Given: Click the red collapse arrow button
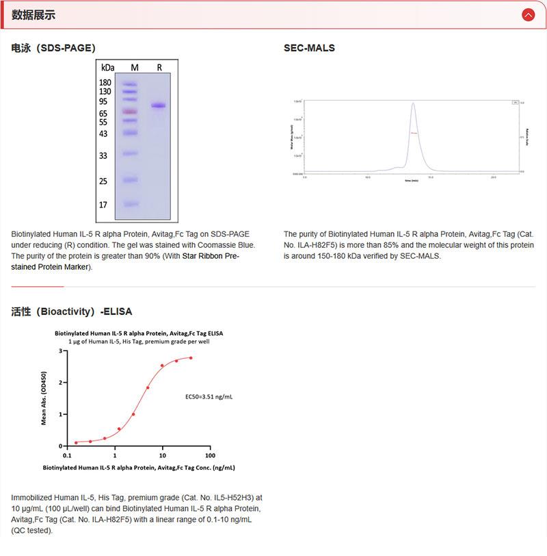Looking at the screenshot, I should (x=528, y=14).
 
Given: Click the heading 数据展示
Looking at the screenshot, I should (x=34, y=15).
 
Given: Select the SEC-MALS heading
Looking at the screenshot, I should (x=309, y=48).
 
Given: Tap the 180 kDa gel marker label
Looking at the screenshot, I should (x=105, y=82).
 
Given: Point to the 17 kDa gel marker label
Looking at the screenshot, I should (x=103, y=205).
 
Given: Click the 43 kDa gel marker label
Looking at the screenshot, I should (x=103, y=134).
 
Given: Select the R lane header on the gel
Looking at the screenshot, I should (x=159, y=67).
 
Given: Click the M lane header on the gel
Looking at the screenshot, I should (x=134, y=67).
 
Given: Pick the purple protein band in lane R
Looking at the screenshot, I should (x=159, y=105).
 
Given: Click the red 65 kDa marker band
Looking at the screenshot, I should (x=131, y=111).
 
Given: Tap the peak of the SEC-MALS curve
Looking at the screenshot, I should (x=413, y=104).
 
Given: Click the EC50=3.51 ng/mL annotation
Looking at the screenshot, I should (x=209, y=396).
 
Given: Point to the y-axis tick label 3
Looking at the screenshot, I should (x=60, y=351).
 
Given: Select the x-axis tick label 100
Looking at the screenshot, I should (x=209, y=455).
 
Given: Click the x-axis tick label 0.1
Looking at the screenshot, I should (x=66, y=455).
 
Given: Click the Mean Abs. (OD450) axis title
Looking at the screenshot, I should (x=44, y=398).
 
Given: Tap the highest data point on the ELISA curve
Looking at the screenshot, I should (x=191, y=357).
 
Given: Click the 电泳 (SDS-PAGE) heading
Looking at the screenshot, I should (x=53, y=48).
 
